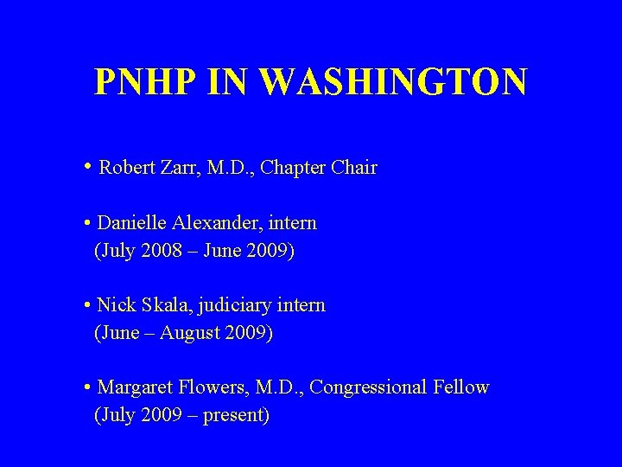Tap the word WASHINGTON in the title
coord(392,83)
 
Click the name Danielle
coord(132,223)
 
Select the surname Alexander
coord(218,223)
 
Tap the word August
coord(195,333)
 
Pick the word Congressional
coord(368,388)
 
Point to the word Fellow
coord(462,387)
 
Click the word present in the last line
coord(236,416)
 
